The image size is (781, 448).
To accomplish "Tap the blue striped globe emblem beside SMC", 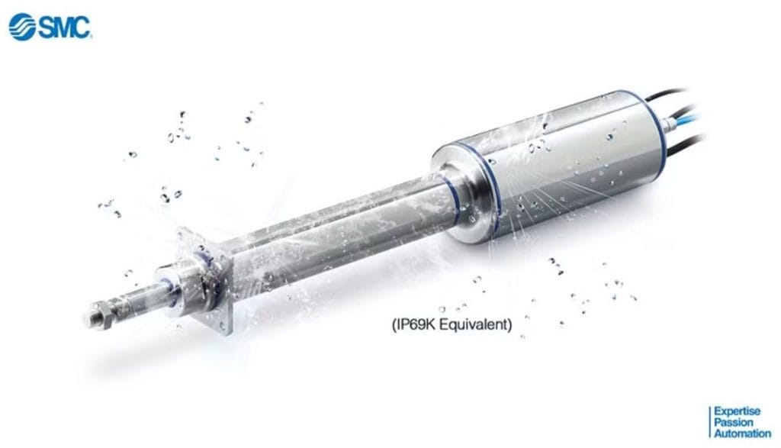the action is click(x=22, y=27).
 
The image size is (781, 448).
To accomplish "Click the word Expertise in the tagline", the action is click(x=738, y=411).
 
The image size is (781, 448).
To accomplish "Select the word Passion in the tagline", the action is click(x=733, y=422).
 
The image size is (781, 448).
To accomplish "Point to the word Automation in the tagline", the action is click(x=743, y=433).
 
